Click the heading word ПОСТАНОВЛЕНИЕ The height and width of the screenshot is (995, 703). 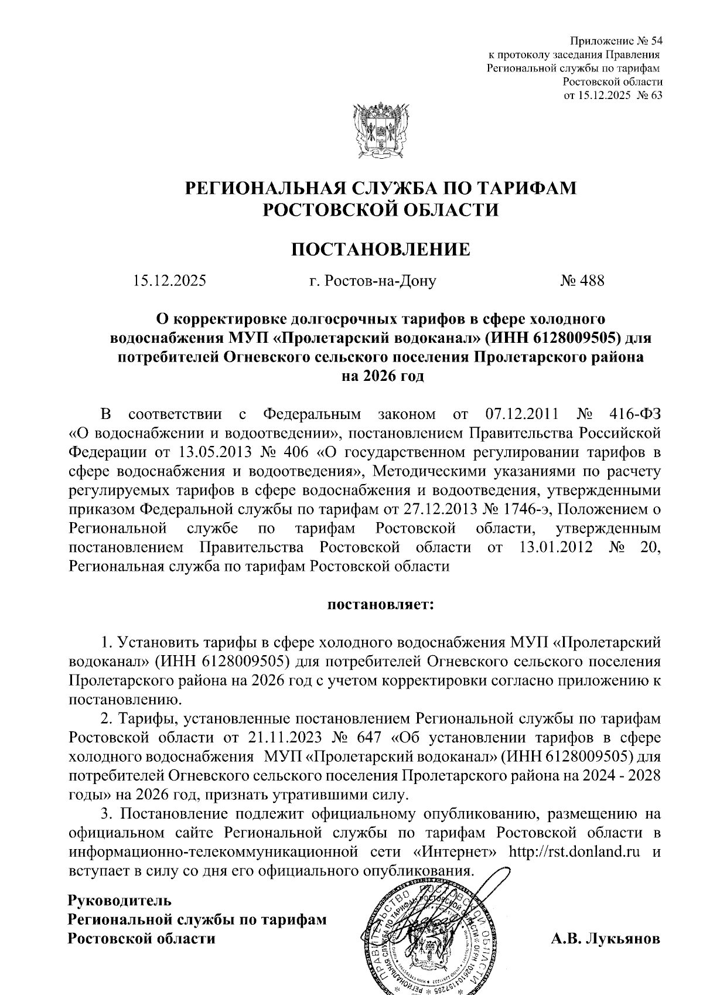381,250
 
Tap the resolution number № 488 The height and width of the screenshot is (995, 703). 582,281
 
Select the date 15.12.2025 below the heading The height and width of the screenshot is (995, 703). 169,281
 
